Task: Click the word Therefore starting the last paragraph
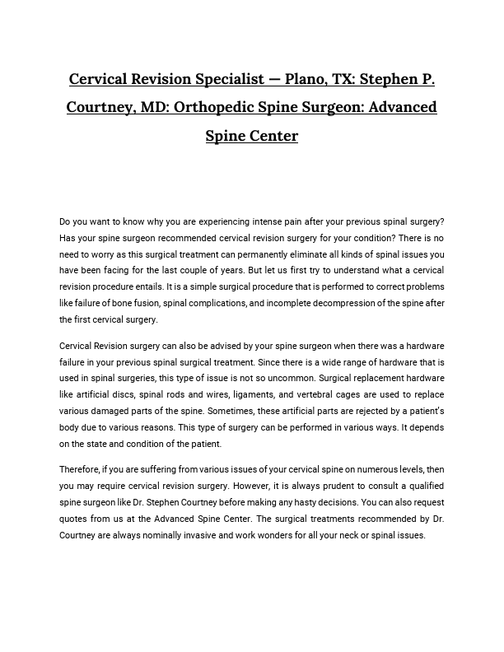pos(81,469)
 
